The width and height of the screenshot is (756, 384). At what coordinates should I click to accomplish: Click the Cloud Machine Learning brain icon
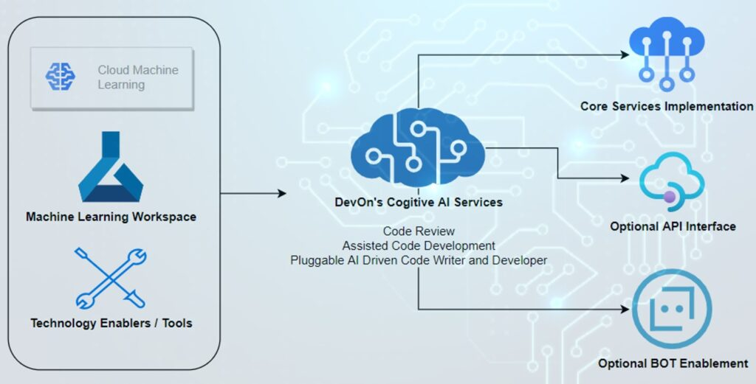(x=61, y=77)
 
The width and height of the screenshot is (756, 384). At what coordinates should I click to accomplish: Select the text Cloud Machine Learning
(x=137, y=77)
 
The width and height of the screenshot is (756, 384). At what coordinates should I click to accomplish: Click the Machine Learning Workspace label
(x=111, y=217)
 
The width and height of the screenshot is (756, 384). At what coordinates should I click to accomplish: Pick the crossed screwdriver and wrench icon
(x=111, y=278)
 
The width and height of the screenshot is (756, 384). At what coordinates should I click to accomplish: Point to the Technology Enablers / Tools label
(x=111, y=323)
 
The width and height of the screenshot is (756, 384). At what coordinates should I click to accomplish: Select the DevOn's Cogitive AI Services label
(x=418, y=202)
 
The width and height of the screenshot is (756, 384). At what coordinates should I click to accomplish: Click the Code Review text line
(x=419, y=231)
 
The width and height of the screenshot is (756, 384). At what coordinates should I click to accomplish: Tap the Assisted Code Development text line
(x=419, y=245)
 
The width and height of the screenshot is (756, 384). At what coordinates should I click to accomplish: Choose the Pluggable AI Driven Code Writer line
(x=419, y=259)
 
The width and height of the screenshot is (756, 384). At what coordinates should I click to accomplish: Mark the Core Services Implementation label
(x=666, y=106)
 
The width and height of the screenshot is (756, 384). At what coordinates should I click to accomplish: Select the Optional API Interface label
(x=673, y=226)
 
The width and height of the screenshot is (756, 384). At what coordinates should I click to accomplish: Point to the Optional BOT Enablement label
(x=673, y=363)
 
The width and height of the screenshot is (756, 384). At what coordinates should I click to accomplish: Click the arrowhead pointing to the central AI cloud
(x=281, y=194)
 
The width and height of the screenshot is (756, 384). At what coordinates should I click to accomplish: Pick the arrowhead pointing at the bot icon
(x=628, y=309)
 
